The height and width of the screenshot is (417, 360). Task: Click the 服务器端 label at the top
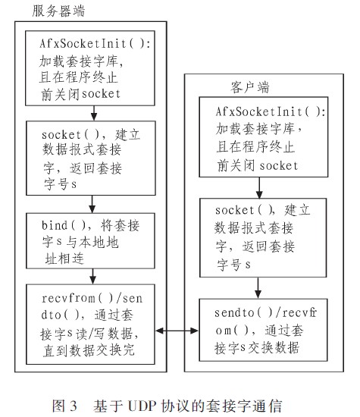[59, 11]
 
